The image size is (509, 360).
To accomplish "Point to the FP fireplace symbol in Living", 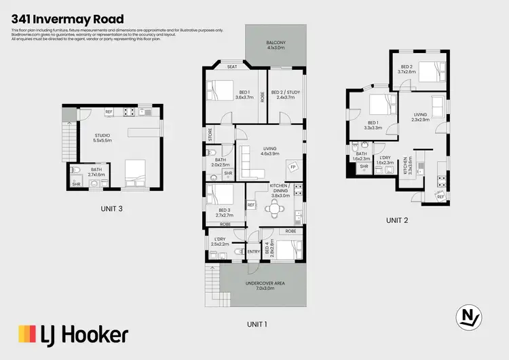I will [293, 166].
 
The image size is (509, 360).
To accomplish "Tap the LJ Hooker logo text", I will [73, 335].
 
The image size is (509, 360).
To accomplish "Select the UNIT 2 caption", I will [398, 220].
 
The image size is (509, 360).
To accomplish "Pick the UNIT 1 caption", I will [257, 324].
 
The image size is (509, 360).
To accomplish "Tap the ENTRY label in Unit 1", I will [254, 251].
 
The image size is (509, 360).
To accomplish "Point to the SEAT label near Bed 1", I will [231, 67].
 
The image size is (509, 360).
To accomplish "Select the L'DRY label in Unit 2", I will [385, 158].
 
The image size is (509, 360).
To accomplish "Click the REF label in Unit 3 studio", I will [108, 111].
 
